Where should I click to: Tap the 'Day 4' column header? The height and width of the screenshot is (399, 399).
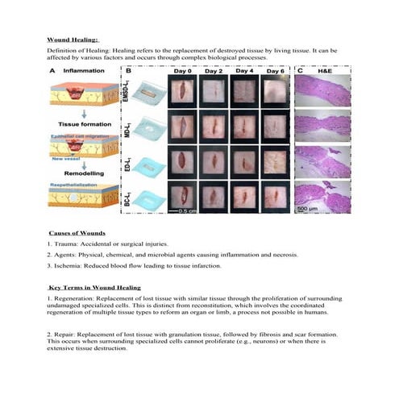tap(245, 72)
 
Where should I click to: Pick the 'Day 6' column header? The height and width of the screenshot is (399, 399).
tap(275, 72)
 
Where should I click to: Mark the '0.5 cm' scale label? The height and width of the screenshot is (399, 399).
tap(191, 213)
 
